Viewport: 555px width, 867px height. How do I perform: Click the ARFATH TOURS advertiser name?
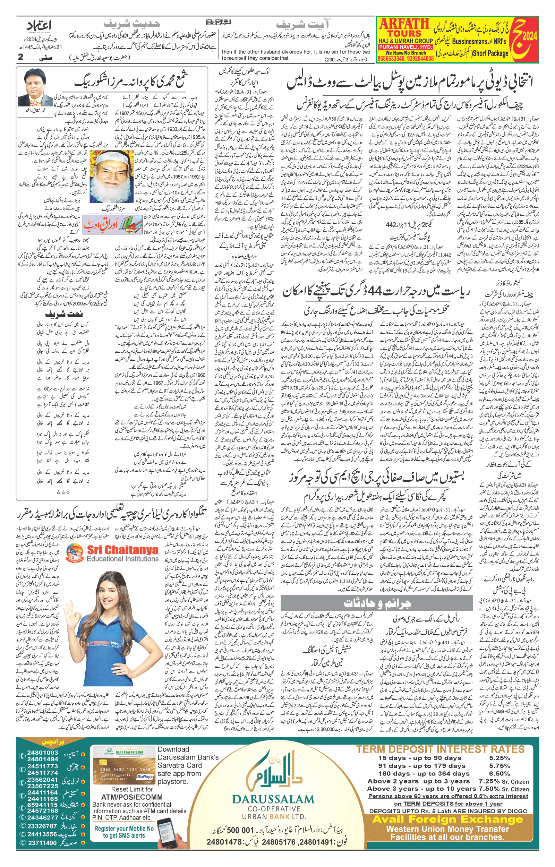tap(404, 28)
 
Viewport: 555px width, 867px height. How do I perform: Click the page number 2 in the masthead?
tap(21, 57)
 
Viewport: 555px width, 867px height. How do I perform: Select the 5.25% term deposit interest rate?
tap(499, 757)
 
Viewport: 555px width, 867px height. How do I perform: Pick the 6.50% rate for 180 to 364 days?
tap(499, 773)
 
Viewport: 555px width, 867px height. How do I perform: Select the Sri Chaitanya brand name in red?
tap(122, 550)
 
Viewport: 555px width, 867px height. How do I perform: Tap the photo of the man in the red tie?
tap(36, 88)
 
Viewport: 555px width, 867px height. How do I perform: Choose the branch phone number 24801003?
tap(43, 753)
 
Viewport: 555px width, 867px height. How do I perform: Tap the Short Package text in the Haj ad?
tap(490, 53)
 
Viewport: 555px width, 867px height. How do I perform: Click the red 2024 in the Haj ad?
tap(529, 36)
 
